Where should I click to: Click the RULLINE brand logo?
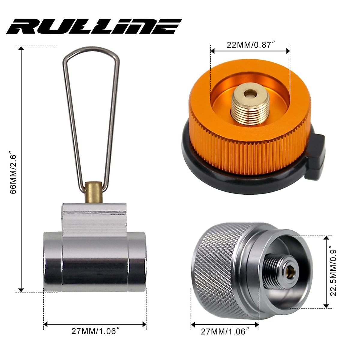tap(94, 26)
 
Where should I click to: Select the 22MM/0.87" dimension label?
tap(251, 45)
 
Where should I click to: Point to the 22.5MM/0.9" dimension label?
tap(333, 272)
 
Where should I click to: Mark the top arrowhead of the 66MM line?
tap(21, 49)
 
